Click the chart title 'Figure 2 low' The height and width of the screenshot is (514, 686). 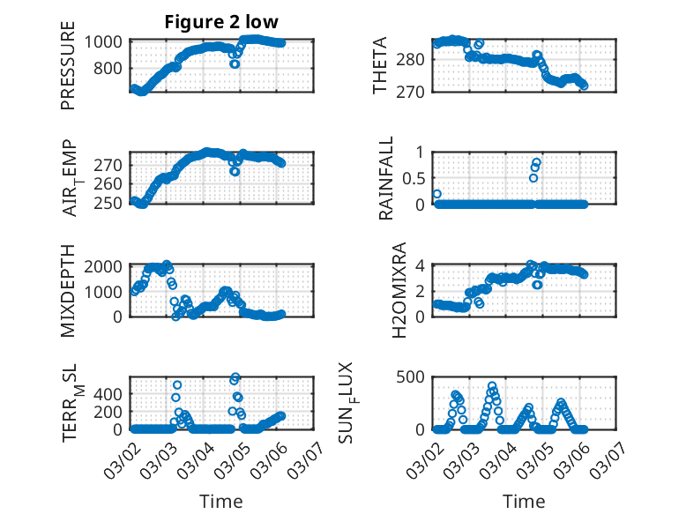click(221, 23)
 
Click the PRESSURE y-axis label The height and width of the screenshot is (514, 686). click(68, 72)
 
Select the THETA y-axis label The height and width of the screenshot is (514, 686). click(380, 65)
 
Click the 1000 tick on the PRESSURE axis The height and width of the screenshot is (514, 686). click(108, 41)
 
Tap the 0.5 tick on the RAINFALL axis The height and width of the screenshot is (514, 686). click(414, 177)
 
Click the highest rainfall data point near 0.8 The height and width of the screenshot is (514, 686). click(536, 162)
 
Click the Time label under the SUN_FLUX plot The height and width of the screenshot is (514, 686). click(524, 501)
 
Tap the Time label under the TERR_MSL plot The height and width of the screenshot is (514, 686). click(221, 501)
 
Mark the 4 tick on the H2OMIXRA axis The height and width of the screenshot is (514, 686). click(421, 265)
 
